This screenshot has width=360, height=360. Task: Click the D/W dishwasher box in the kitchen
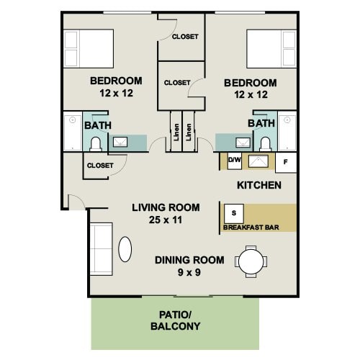tap(235, 161)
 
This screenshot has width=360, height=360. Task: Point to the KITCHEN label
tap(258, 185)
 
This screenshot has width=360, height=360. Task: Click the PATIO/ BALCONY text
tap(174, 320)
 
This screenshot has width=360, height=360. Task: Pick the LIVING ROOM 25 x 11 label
tap(162, 214)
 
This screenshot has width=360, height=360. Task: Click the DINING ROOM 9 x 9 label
tap(189, 266)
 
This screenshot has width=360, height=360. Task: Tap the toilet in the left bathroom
tap(95, 143)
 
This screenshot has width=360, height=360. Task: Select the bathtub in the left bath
tap(72, 132)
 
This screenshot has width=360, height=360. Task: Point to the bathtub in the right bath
tap(287, 131)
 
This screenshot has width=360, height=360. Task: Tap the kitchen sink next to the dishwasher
tap(257, 161)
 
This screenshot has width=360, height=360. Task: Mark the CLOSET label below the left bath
tap(100, 166)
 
